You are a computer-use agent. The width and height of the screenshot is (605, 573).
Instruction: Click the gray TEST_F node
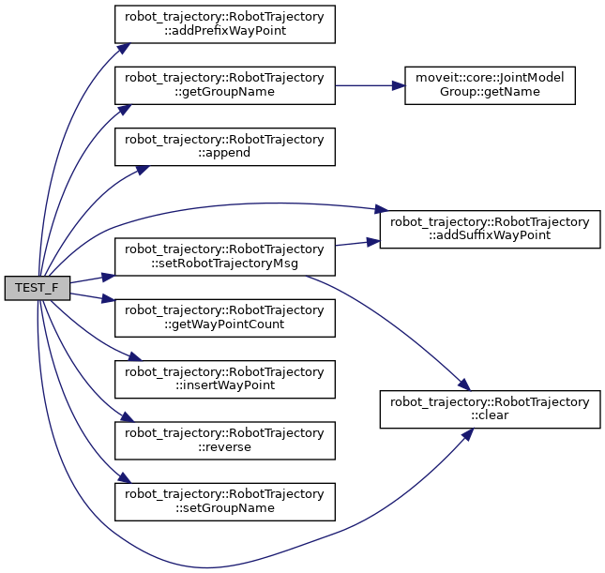pos(37,288)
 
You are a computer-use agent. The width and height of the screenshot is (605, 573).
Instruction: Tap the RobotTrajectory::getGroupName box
pos(224,85)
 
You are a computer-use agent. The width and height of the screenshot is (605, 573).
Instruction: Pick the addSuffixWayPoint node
pos(489,229)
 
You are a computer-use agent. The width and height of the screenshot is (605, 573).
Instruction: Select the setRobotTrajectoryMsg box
pos(224,257)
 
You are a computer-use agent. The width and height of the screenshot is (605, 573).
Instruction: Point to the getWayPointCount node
pos(224,316)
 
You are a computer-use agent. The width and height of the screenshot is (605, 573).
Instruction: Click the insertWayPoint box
pos(224,379)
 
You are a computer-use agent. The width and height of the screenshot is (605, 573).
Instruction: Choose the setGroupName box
pos(224,501)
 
